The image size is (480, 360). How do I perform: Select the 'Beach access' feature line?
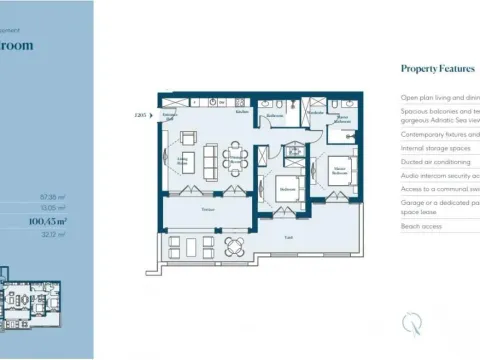pos(423,227)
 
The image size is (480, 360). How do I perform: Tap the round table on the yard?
pos(234,244)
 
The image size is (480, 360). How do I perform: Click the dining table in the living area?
pos(237,156)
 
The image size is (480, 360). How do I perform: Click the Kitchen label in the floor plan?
pos(241,111)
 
